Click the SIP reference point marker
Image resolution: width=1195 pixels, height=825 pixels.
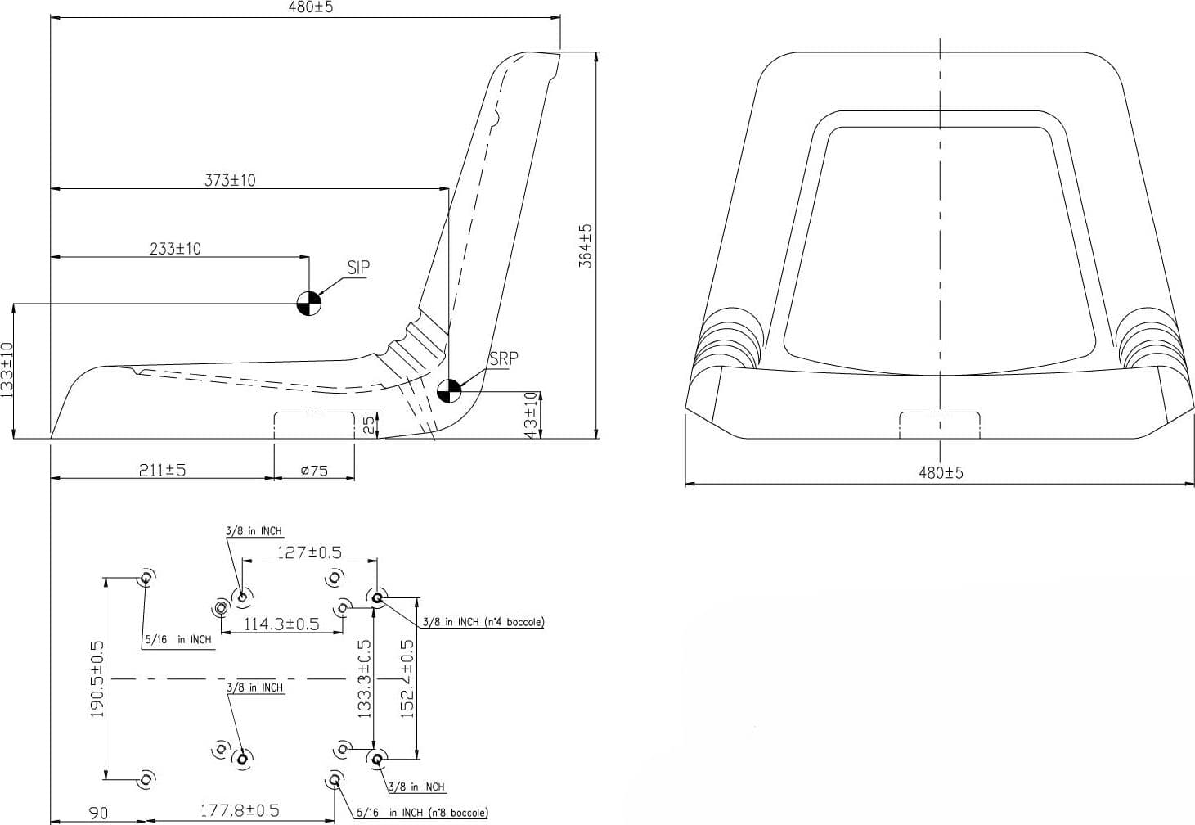[309, 304]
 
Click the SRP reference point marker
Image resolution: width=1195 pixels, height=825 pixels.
[449, 391]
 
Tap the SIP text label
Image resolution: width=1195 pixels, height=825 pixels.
[358, 268]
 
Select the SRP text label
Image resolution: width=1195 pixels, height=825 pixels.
[503, 358]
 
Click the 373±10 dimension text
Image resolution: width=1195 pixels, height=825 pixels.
[231, 180]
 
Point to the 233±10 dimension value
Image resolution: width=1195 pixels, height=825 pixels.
[176, 248]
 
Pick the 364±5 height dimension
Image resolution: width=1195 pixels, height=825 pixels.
[586, 246]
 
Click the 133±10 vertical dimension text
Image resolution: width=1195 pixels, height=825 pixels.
[7, 369]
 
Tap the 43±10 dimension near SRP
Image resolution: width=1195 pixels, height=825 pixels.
[531, 416]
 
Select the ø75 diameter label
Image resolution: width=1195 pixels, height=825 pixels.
[314, 471]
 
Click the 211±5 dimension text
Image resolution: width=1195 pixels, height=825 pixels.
[162, 470]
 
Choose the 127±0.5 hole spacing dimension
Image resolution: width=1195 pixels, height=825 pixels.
[309, 552]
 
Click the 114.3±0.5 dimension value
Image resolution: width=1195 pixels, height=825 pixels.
[281, 624]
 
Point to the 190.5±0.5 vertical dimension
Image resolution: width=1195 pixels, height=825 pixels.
[97, 678]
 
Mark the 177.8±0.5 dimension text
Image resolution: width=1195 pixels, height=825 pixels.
[240, 810]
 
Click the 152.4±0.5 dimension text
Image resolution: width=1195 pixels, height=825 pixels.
[407, 678]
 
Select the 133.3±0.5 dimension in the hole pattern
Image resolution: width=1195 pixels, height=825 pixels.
[364, 678]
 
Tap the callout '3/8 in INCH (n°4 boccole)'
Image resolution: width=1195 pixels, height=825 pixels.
[483, 622]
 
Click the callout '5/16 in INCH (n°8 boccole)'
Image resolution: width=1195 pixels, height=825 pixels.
[422, 813]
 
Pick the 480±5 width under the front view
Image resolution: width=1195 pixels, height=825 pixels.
[941, 472]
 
